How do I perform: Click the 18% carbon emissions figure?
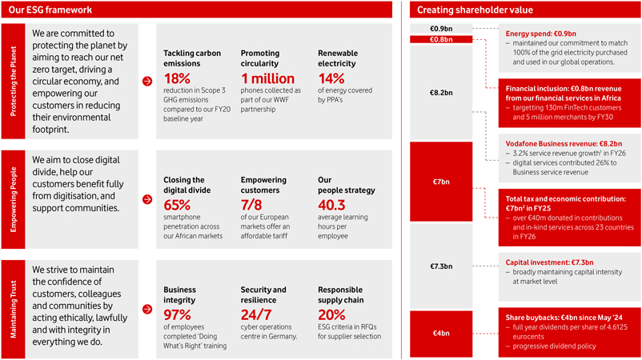pyautogui.click(x=177, y=78)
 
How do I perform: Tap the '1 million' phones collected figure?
pyautogui.click(x=267, y=78)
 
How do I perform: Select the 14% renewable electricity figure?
pyautogui.click(x=331, y=78)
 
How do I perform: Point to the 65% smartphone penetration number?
pyautogui.click(x=177, y=205)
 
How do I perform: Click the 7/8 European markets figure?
pyautogui.click(x=251, y=205)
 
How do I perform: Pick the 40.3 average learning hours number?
pyautogui.click(x=331, y=205)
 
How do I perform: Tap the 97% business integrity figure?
pyautogui.click(x=177, y=314)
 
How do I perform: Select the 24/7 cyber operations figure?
pyautogui.click(x=256, y=314)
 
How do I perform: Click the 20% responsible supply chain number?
pyautogui.click(x=331, y=314)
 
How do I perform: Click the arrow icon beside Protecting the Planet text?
pyautogui.click(x=147, y=81)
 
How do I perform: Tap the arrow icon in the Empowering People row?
pyautogui.click(x=147, y=199)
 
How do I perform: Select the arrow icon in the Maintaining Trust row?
pyautogui.click(x=147, y=309)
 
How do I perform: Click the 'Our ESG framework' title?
pyautogui.click(x=50, y=10)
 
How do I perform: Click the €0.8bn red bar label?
pyautogui.click(x=441, y=39)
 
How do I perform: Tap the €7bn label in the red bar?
pyautogui.click(x=441, y=182)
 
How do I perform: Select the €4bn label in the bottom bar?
pyautogui.click(x=441, y=333)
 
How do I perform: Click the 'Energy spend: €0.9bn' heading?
pyautogui.click(x=541, y=34)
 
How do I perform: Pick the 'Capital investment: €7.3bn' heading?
pyautogui.click(x=549, y=262)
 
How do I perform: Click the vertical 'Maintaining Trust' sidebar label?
pyautogui.click(x=13, y=310)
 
